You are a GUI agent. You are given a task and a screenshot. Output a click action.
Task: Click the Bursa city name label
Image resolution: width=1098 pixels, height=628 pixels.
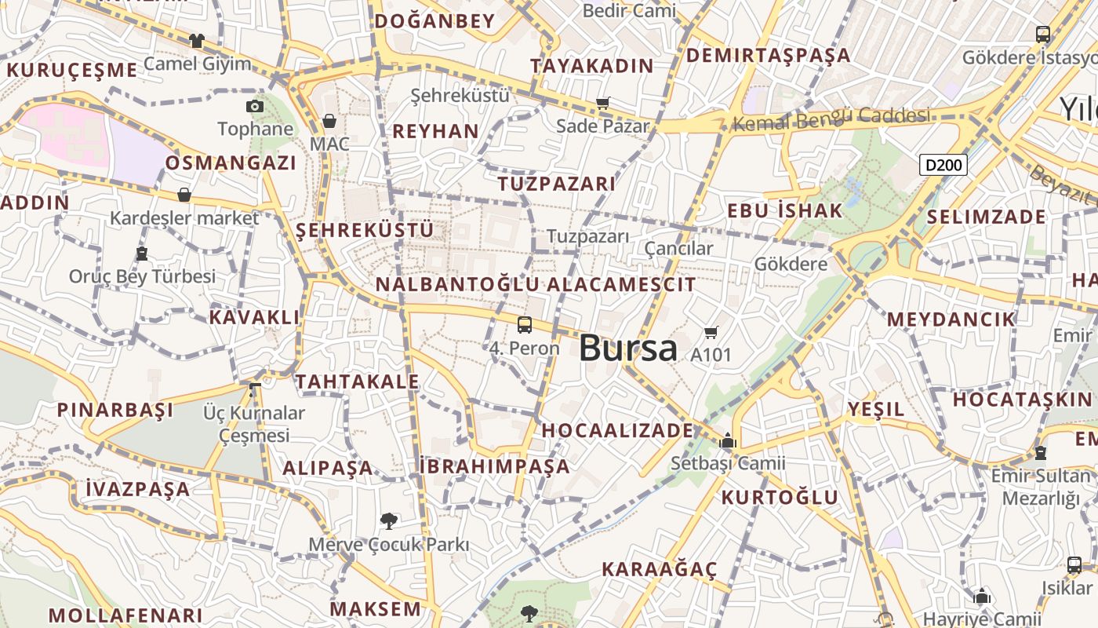[x=627, y=348]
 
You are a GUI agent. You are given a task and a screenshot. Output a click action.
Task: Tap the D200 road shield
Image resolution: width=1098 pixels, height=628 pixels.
[x=943, y=165]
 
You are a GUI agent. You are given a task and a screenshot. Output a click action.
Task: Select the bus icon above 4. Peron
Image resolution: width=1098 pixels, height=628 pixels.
[x=525, y=324]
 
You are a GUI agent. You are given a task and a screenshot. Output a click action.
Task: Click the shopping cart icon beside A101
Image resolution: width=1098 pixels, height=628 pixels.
[x=711, y=333]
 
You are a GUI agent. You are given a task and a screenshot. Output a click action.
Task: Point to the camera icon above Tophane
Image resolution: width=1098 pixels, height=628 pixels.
[x=255, y=106]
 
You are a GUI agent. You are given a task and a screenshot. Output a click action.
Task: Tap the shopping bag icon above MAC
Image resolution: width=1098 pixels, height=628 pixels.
[x=329, y=121]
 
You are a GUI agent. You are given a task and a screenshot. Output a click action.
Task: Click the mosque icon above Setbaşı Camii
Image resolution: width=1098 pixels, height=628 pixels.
[x=728, y=440]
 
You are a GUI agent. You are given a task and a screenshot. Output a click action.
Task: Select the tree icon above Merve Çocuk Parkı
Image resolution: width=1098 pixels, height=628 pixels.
[x=388, y=520]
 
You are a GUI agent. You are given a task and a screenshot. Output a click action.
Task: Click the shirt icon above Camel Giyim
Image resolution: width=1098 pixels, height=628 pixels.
[x=196, y=40]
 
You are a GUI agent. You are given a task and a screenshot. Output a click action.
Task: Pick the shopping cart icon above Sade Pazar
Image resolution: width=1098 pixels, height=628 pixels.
[x=603, y=103]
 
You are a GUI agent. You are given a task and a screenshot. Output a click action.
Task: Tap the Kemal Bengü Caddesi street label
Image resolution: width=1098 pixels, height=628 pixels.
[x=831, y=118]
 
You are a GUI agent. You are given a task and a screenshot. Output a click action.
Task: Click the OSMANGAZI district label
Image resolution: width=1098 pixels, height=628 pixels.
[x=231, y=163]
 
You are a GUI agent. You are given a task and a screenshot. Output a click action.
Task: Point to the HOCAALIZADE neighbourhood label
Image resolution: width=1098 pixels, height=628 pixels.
[x=617, y=430]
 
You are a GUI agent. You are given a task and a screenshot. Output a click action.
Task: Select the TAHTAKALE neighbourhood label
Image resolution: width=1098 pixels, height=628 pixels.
[x=357, y=382]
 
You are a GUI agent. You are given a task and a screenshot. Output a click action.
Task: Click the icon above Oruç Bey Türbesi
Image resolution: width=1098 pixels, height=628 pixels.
[x=142, y=254]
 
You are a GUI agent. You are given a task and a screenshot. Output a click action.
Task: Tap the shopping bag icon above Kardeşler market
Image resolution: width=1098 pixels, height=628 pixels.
[x=184, y=195]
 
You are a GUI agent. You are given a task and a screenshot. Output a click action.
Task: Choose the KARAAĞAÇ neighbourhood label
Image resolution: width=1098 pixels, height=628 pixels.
[x=659, y=569]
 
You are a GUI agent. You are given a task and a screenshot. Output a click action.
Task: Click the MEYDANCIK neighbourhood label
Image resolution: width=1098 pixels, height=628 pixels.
[x=951, y=319]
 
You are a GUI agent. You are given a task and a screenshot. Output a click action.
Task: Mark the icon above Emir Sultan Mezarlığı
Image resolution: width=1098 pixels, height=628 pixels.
[x=1041, y=453]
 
